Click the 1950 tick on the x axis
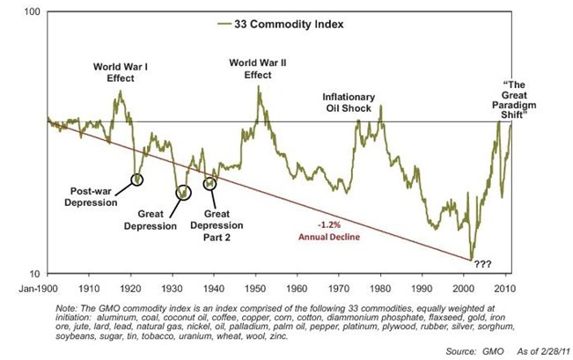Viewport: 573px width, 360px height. (x=255, y=287)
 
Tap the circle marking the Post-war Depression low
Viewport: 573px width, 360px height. (x=136, y=180)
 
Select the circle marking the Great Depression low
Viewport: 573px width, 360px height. (x=182, y=193)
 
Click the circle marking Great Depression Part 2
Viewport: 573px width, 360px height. (x=209, y=184)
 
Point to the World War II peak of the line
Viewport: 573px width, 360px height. (x=258, y=87)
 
